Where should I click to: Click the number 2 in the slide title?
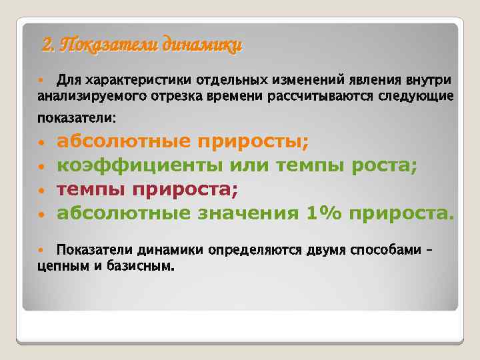coord(47,45)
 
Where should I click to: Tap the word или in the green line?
coord(248,165)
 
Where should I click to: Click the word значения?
coord(249,213)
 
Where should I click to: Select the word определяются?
coord(257,251)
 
